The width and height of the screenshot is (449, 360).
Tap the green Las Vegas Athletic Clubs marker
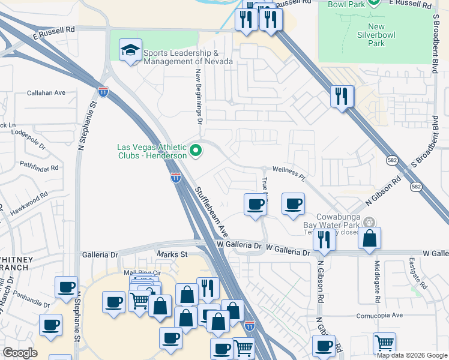(195, 151)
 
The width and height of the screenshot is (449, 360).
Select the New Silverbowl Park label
(376, 35)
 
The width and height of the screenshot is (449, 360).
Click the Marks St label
(172, 254)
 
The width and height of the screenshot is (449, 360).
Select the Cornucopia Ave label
(379, 314)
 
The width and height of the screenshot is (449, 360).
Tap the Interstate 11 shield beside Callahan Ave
(103, 92)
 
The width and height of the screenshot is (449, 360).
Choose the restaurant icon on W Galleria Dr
(324, 239)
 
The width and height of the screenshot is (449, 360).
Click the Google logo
(20, 353)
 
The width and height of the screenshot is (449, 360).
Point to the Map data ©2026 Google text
(411, 355)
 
